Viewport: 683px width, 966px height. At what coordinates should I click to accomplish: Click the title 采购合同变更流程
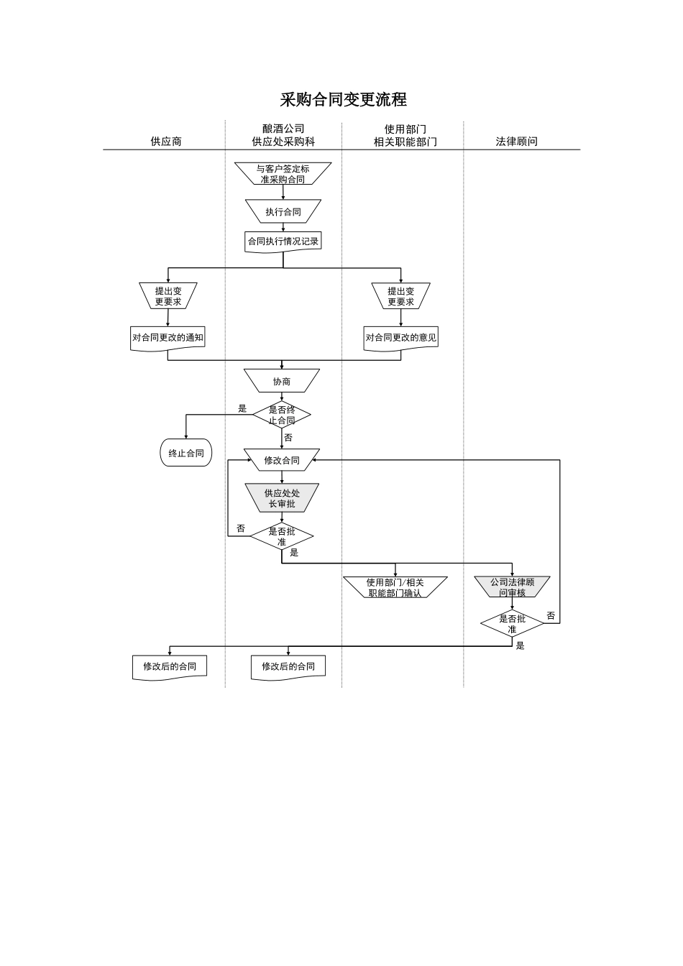pos(343,99)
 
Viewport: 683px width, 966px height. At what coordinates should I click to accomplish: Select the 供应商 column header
pos(166,142)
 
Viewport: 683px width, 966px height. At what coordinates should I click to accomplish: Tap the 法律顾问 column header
pos(516,142)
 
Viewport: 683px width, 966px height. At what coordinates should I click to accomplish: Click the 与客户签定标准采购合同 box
pos(283,174)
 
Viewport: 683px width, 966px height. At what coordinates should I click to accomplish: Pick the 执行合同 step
pos(283,212)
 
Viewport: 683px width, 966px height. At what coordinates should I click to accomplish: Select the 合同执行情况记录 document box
pos(283,241)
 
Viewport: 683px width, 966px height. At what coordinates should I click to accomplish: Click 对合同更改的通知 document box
pos(168,338)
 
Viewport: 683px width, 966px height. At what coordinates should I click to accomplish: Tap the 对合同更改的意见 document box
pos(400,338)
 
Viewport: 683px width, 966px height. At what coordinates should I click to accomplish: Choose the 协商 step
pos(282,382)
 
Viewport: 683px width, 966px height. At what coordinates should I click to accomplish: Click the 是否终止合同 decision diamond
pos(282,415)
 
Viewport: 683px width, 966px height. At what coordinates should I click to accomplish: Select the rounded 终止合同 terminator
pos(186,454)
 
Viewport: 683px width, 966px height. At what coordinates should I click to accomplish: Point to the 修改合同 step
pos(282,461)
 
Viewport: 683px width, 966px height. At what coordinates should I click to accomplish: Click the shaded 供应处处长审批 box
pos(282,498)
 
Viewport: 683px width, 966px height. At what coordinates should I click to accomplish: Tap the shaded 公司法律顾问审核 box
pos(512,587)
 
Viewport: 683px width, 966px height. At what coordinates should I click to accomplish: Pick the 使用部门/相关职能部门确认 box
pos(395,587)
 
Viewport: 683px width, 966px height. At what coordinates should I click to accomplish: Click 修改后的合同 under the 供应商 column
pos(170,666)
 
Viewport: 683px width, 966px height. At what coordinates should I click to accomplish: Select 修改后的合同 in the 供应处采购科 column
pos(288,666)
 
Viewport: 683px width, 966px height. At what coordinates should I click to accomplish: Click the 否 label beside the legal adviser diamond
pos(551,616)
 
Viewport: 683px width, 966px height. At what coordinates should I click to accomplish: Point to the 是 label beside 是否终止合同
pos(242,408)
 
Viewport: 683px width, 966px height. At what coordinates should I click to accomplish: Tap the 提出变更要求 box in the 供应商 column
pos(168,296)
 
